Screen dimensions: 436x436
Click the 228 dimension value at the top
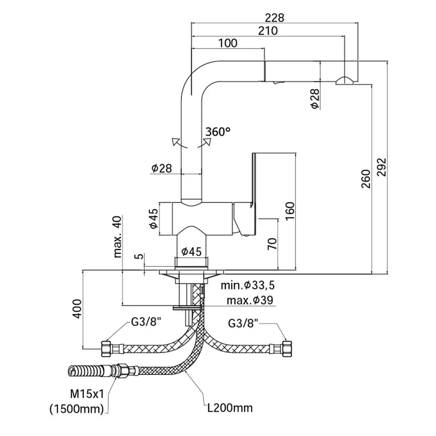[x=275, y=18]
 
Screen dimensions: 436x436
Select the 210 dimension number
[x=268, y=31]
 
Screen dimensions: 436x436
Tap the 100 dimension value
[x=228, y=43]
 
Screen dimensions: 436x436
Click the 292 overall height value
[x=382, y=167]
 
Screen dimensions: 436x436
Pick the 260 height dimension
[x=366, y=179]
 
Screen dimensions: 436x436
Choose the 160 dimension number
[x=290, y=211]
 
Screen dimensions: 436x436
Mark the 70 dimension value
[x=272, y=244]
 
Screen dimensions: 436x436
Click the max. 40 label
[x=117, y=236]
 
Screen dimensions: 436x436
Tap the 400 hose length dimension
[x=77, y=309]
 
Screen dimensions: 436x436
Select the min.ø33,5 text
[x=248, y=285]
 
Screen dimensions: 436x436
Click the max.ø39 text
[x=249, y=300]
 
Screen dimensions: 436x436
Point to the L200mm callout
[x=230, y=408]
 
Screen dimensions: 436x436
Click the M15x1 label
[x=87, y=393]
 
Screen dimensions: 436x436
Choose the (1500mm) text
[x=77, y=408]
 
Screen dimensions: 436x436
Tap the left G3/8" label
[x=146, y=322]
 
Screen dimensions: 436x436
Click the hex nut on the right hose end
[x=287, y=349]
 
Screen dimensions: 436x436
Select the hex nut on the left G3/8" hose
[x=106, y=349]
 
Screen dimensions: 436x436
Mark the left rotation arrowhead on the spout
[x=175, y=141]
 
